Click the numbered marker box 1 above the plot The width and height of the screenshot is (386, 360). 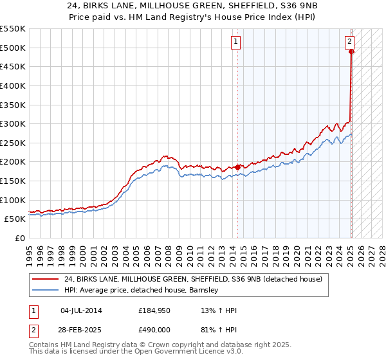[236, 42]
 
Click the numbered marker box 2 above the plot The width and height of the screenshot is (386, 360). [349, 42]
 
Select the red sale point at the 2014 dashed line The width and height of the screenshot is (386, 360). [237, 167]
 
